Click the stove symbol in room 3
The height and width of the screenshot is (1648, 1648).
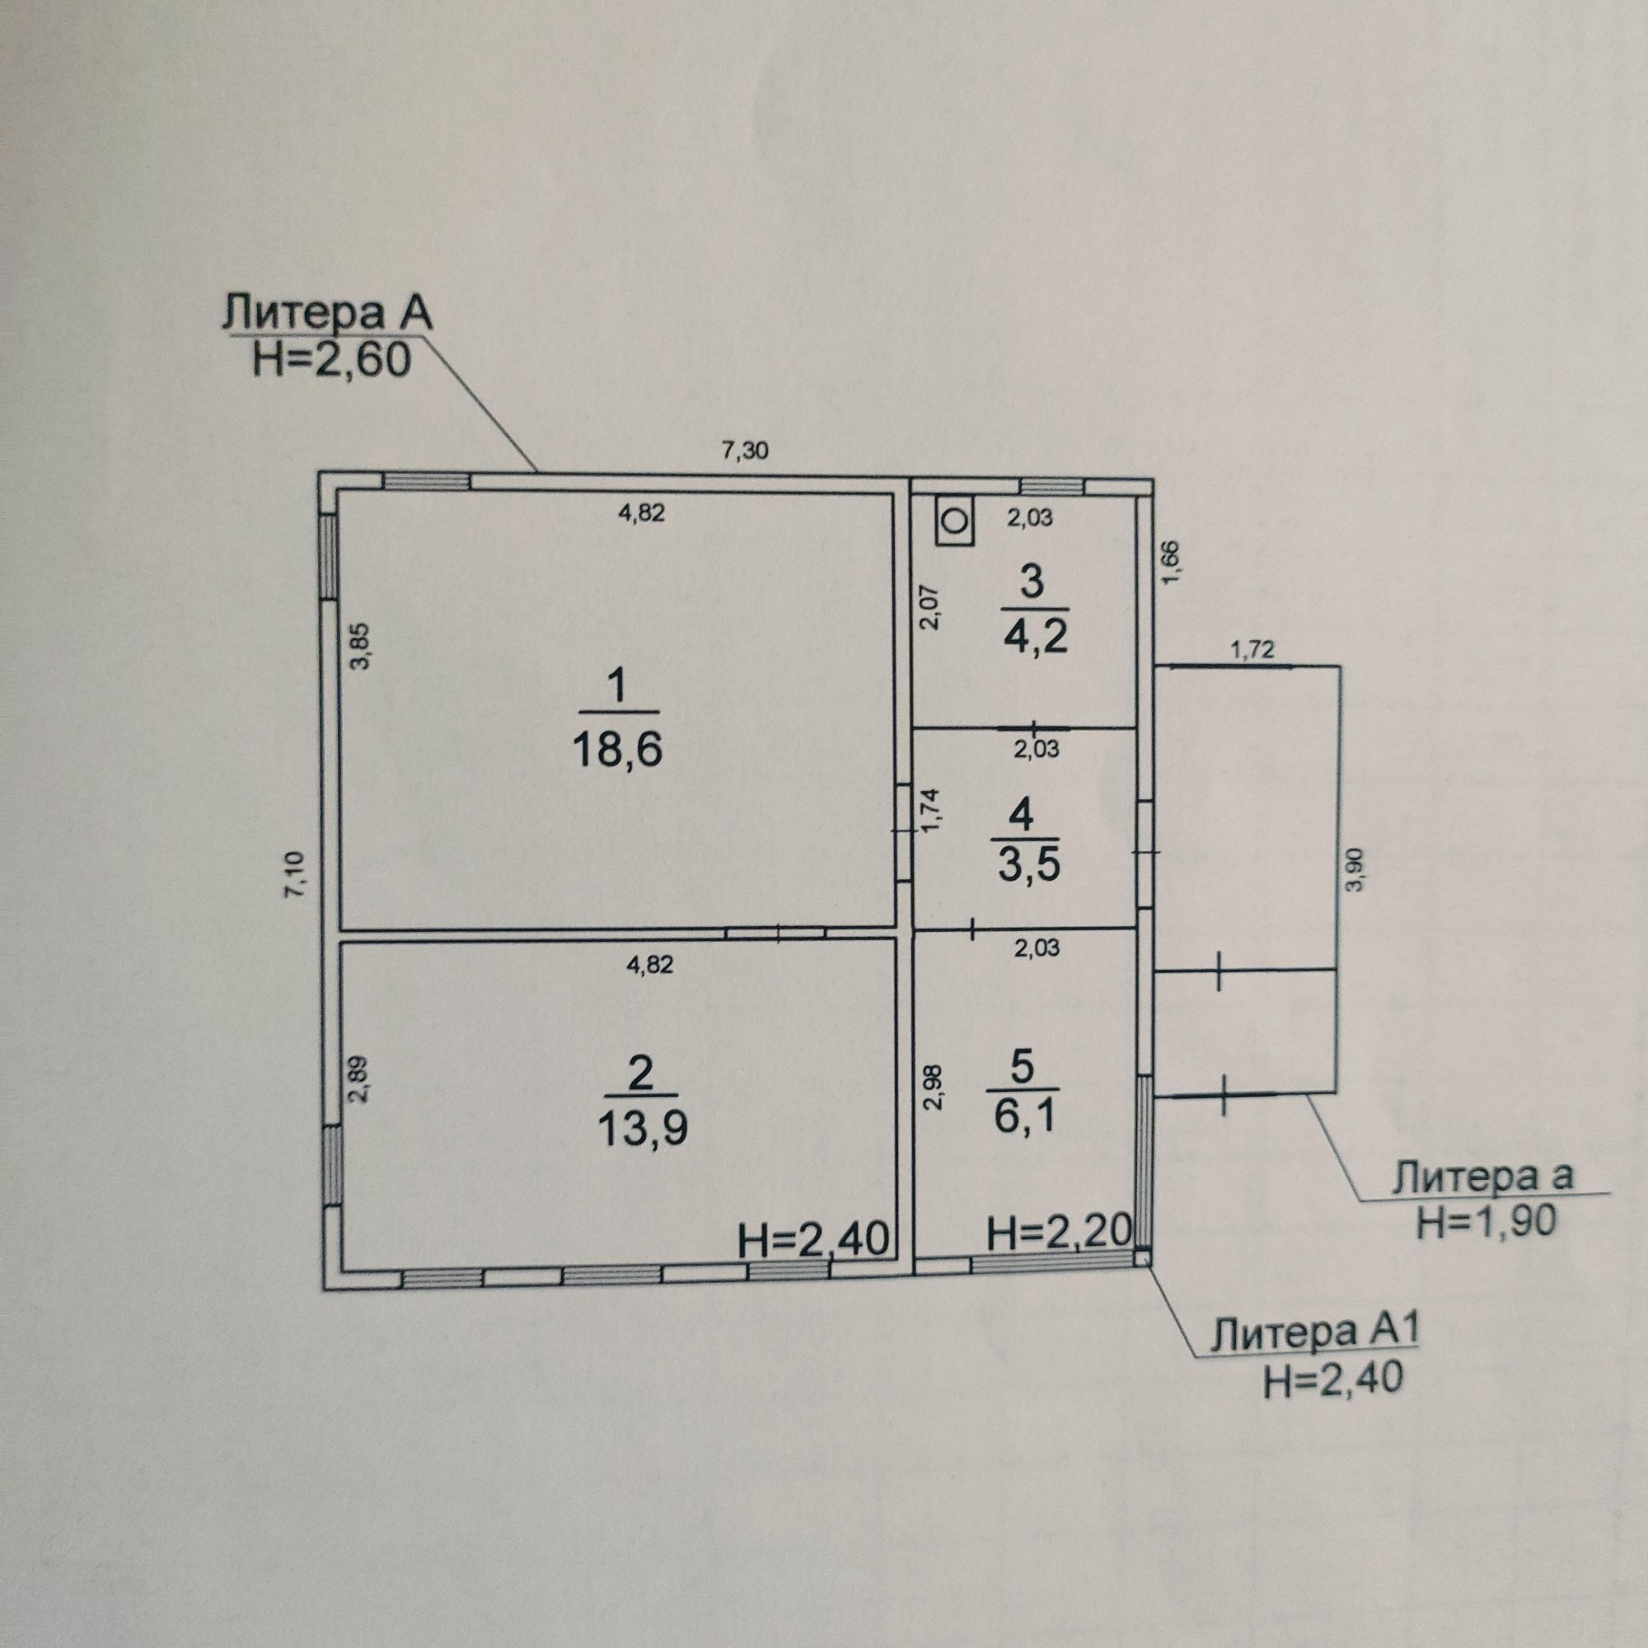pos(955,519)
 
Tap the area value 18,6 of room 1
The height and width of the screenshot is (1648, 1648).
pos(617,751)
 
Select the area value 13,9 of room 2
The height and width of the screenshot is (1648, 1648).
pos(641,1130)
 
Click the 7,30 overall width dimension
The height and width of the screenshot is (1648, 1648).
pos(745,449)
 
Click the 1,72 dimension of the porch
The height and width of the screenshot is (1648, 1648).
pos(1252,652)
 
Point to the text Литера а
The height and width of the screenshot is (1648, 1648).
pos(1483,1178)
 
